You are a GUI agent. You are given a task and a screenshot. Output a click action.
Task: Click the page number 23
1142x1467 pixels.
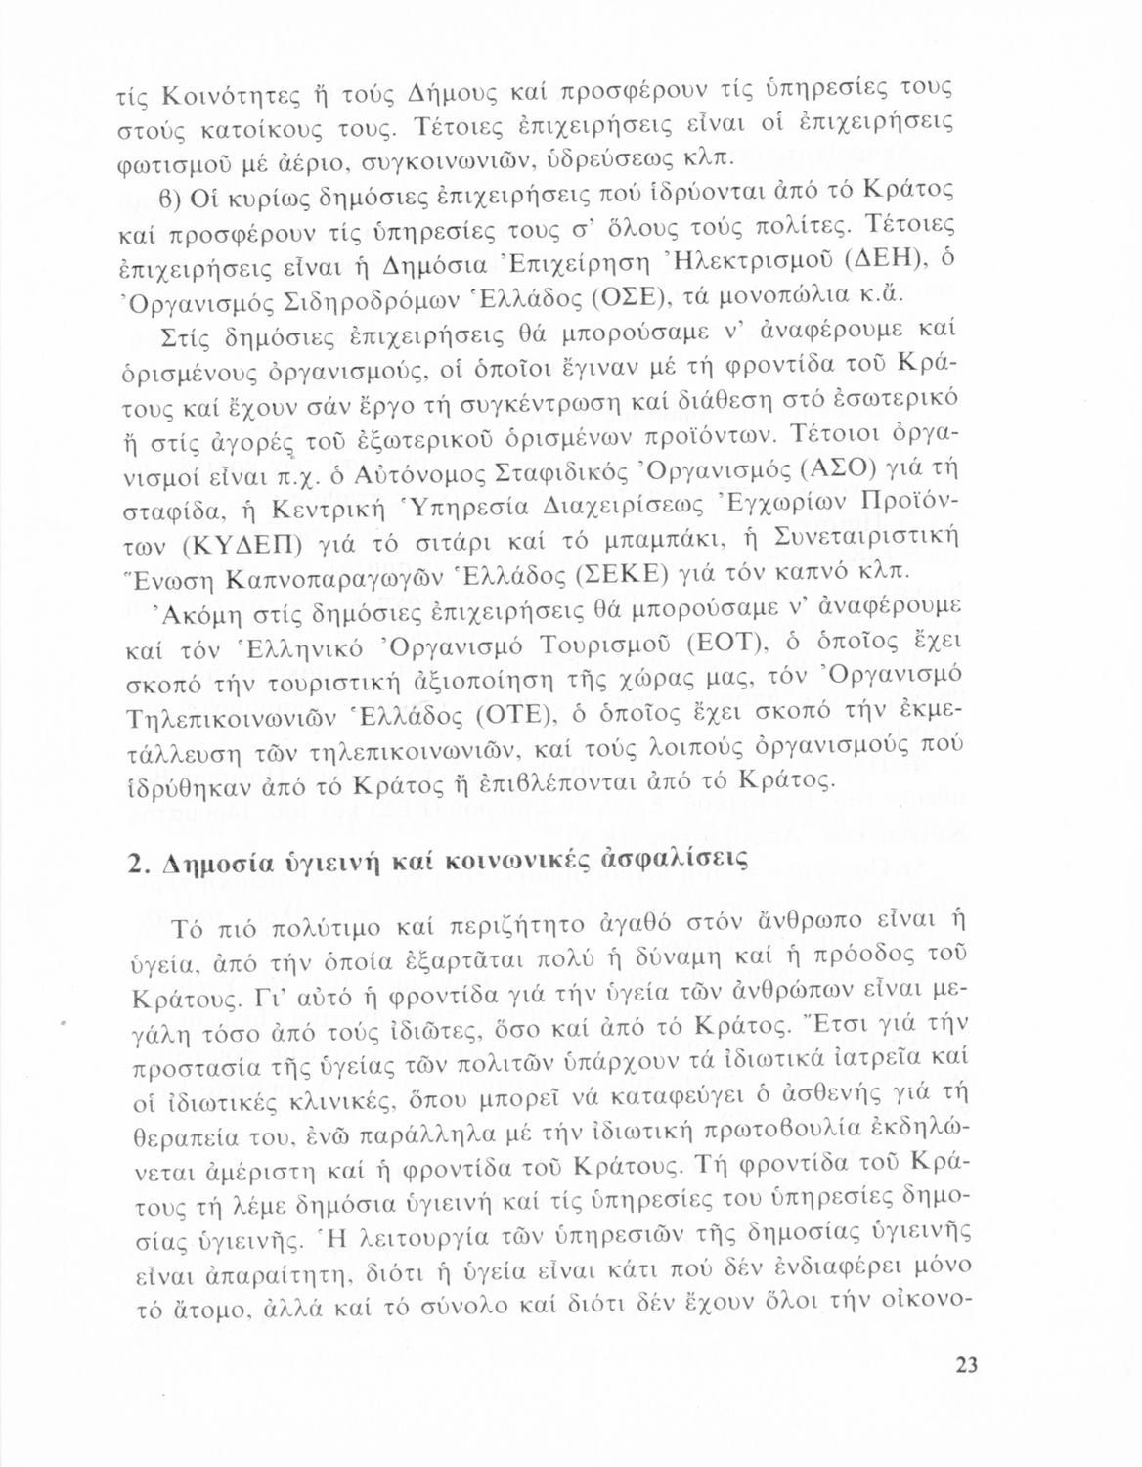(x=966, y=1365)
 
